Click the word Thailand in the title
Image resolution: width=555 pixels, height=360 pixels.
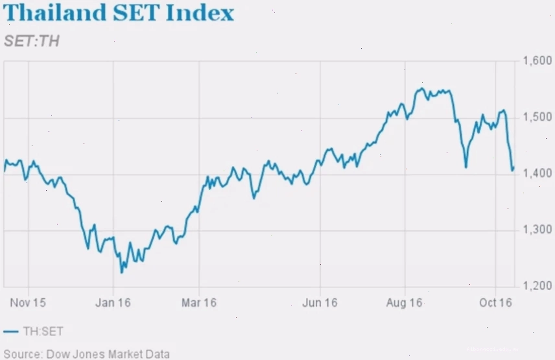click(54, 12)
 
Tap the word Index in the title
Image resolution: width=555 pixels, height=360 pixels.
click(200, 12)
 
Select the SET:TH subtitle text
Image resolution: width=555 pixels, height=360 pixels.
click(32, 41)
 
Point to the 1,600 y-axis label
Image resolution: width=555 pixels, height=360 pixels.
click(537, 60)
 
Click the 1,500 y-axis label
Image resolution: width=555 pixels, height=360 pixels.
click(537, 117)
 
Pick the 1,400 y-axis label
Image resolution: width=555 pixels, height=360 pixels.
click(537, 173)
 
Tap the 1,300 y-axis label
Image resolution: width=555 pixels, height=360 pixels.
click(537, 230)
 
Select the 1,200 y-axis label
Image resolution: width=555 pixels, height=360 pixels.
click(537, 285)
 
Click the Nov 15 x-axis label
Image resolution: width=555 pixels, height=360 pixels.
click(28, 303)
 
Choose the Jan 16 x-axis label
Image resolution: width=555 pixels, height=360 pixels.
click(113, 303)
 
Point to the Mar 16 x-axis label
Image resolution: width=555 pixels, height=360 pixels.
click(199, 303)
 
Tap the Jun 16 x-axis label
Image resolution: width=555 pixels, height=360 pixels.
click(320, 303)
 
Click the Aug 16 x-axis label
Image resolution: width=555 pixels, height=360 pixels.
click(405, 303)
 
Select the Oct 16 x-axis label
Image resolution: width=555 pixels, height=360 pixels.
click(495, 303)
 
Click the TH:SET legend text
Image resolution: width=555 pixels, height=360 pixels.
click(43, 331)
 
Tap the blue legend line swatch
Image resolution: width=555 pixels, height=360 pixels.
click(11, 331)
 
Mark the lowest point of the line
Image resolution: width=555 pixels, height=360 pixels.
click(122, 272)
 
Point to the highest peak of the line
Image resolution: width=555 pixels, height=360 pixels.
click(421, 88)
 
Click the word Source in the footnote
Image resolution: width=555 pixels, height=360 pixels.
click(23, 354)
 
